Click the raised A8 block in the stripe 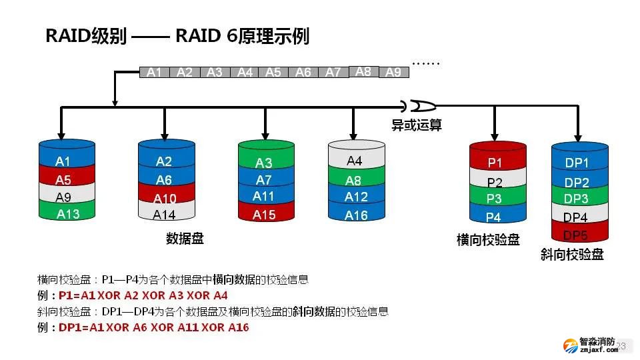(x=363, y=71)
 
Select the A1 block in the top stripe (x=154, y=73)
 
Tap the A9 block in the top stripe (x=394, y=73)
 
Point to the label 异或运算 (x=417, y=124)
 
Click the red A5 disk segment (x=63, y=179)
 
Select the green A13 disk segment (x=67, y=213)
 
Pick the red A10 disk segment (x=165, y=198)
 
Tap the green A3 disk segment (x=264, y=163)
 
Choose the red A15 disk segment (x=264, y=215)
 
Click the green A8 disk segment (x=355, y=180)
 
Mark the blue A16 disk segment (x=356, y=215)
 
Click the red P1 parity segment (x=495, y=163)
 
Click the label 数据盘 (x=185, y=239)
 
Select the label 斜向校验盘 (x=572, y=255)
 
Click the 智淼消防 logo (x=591, y=345)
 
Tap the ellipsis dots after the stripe (x=426, y=64)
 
